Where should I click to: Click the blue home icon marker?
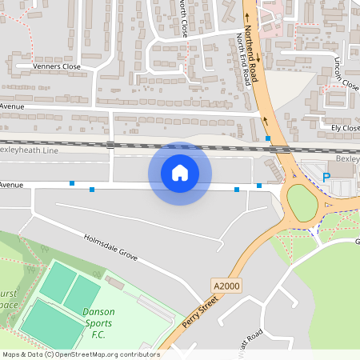tap(180, 172)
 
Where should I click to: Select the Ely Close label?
tap(346, 126)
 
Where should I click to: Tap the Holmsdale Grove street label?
tap(111, 247)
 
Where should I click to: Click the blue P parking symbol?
tap(326, 177)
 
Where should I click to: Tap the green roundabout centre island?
tap(302, 203)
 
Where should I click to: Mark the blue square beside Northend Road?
tap(268, 138)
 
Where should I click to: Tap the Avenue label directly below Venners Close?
tap(13, 106)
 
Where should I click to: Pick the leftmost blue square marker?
tap(72, 183)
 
